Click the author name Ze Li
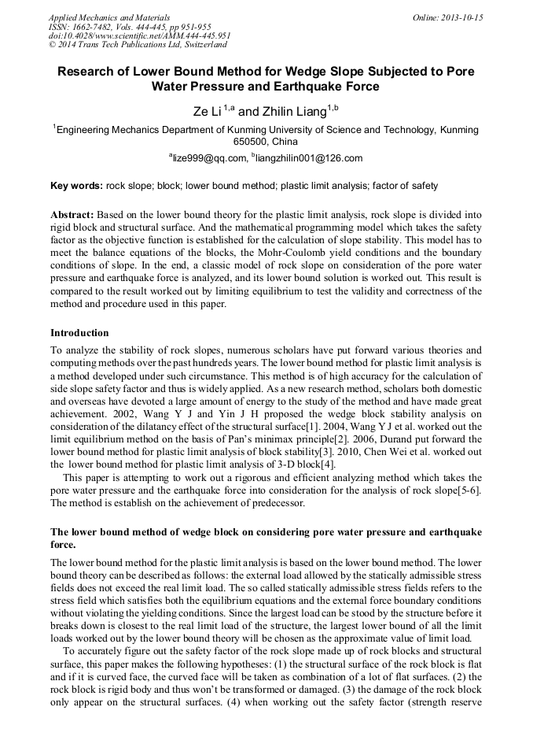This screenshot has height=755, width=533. coord(208,112)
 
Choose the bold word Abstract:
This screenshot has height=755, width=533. coord(72,215)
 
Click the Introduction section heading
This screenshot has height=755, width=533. coord(79,333)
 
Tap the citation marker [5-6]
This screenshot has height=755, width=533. coord(468,490)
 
